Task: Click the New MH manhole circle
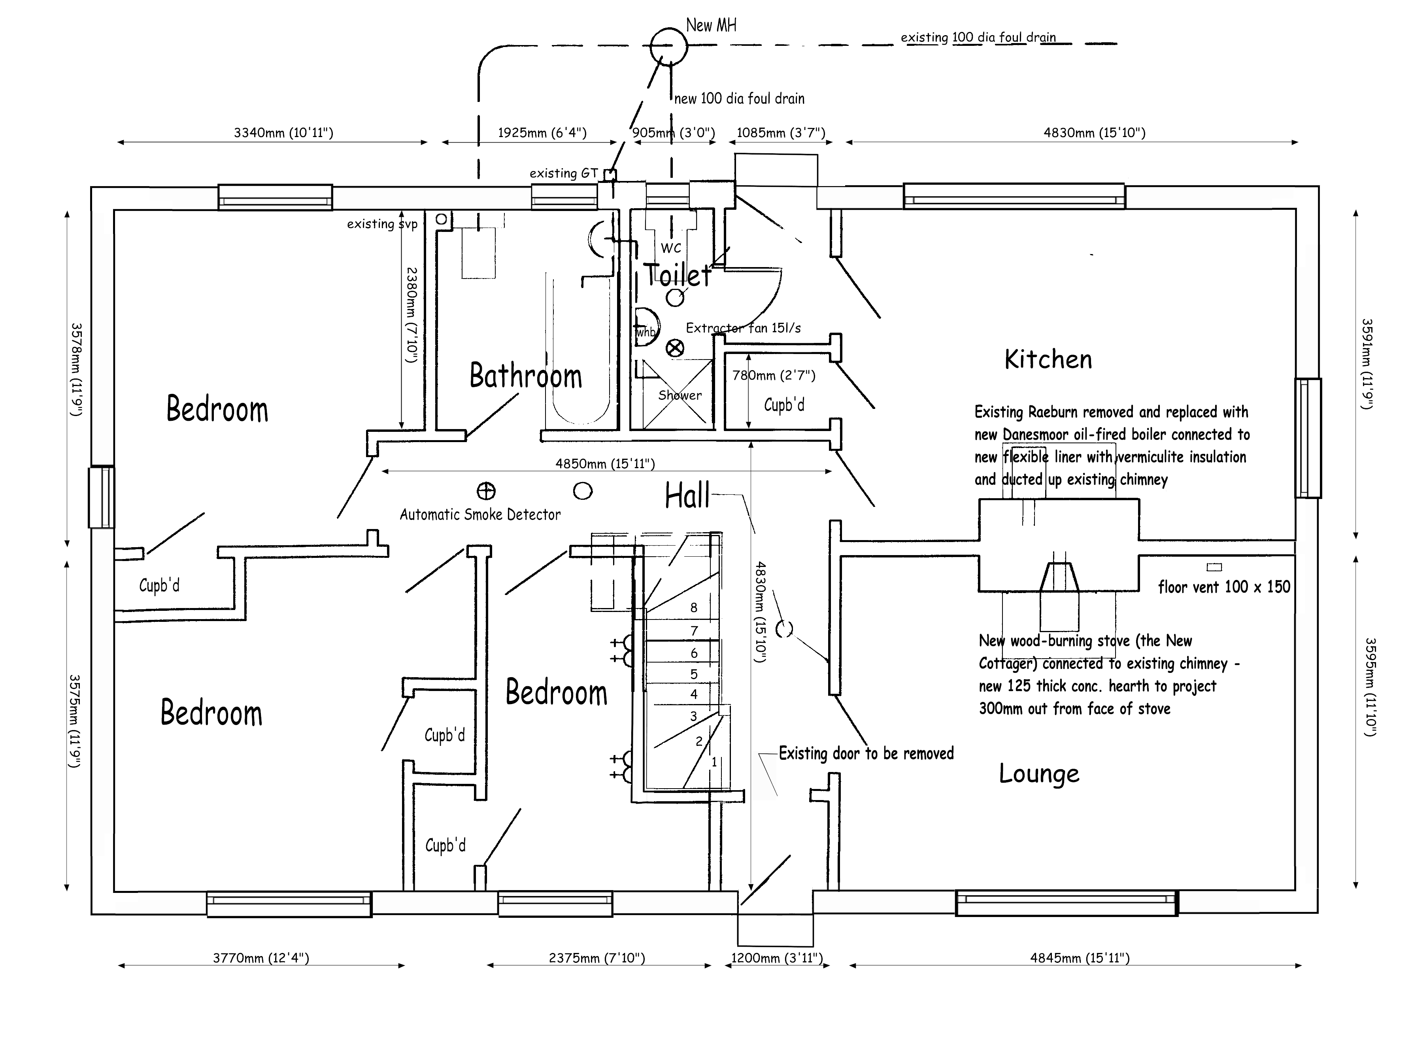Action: coord(668,46)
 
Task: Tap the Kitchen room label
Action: coord(1048,359)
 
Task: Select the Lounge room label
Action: coord(1039,774)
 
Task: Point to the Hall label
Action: coord(687,495)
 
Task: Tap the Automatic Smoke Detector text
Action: coord(480,515)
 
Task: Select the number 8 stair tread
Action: coord(694,607)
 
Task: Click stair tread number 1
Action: coord(714,762)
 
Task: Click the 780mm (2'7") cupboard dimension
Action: coord(774,375)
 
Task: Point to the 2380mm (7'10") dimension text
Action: coord(412,314)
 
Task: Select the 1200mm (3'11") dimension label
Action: coord(777,958)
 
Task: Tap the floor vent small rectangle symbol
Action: coord(1214,567)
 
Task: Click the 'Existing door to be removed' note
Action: coord(866,753)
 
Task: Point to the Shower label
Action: coord(680,395)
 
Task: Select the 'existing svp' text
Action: coord(381,224)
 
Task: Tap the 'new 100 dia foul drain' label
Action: coord(739,99)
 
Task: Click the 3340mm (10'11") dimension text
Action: coord(283,133)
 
